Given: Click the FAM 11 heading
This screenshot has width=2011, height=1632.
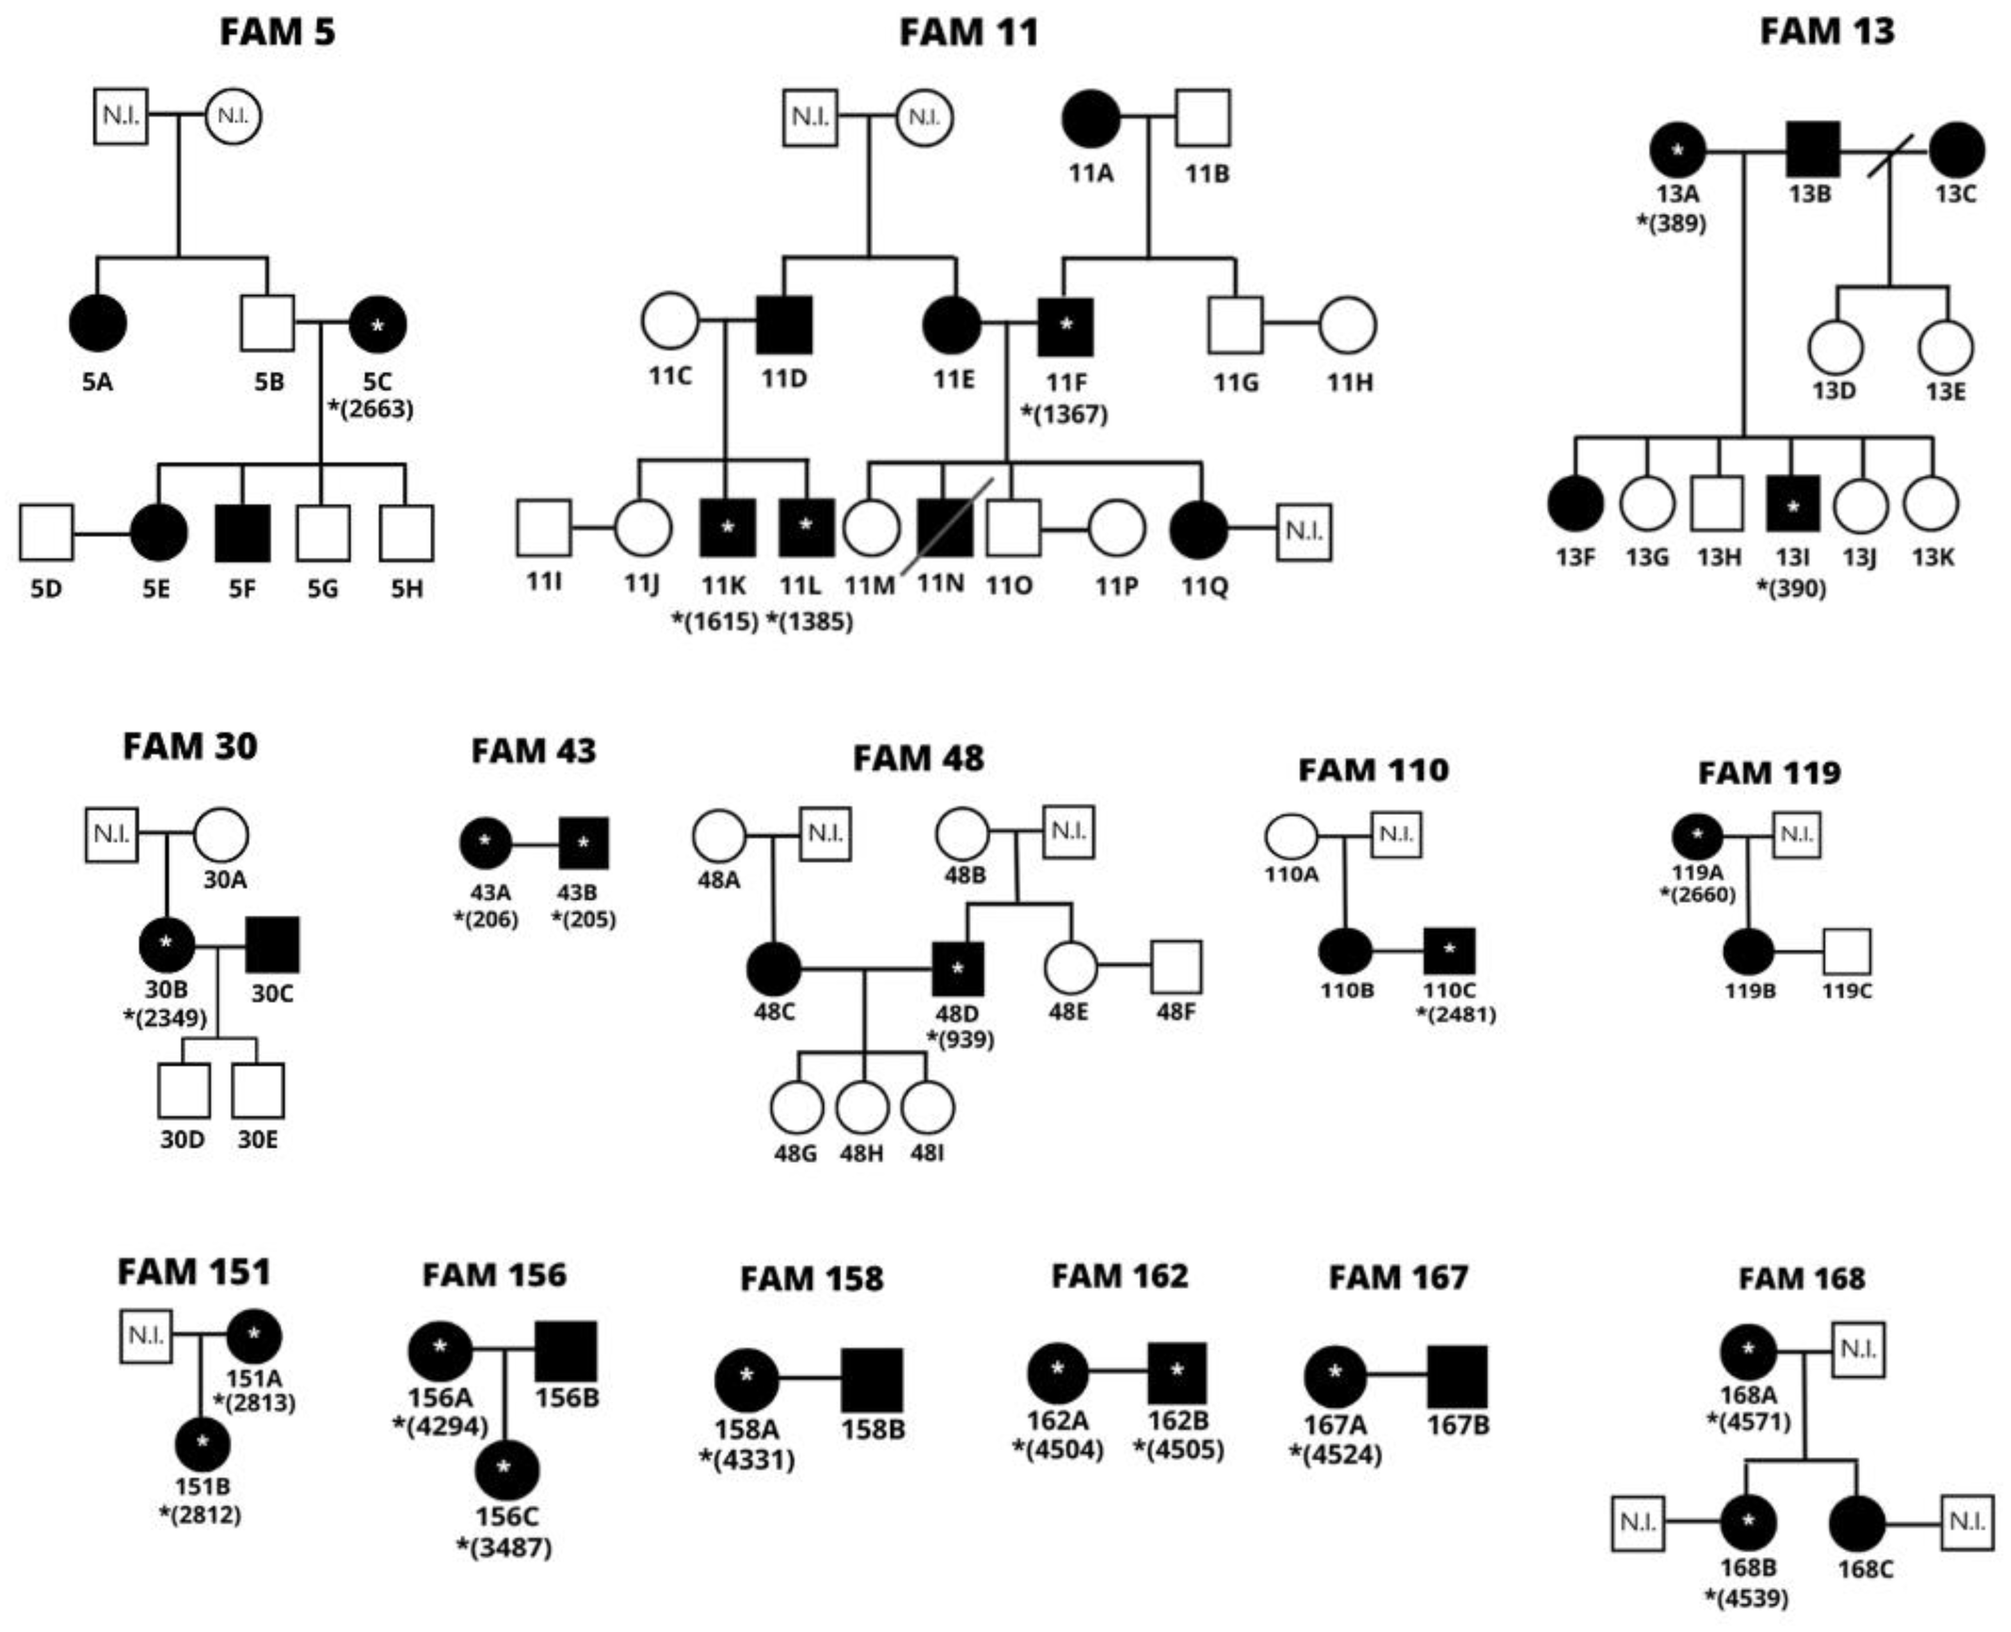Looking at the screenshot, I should tap(969, 33).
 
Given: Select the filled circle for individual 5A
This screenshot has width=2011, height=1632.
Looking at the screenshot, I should tap(98, 323).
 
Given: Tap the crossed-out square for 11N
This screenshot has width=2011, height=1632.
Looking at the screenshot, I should tap(945, 528).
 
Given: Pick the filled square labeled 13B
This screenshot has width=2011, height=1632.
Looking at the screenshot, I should tap(1812, 149).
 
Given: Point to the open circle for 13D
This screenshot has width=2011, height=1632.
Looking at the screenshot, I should tap(1835, 348).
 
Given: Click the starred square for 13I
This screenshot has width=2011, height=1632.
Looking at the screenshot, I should tap(1792, 505).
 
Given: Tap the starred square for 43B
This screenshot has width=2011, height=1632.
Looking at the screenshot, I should tap(584, 843).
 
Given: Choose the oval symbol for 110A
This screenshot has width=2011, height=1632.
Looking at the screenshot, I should tap(1291, 836).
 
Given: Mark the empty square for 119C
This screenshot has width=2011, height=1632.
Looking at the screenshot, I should tap(1847, 952).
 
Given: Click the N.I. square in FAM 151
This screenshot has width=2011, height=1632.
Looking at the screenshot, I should tap(146, 1336).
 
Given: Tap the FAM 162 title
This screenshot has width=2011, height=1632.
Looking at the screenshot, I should tap(1119, 1277).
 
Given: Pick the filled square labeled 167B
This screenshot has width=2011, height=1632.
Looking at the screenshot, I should tap(1457, 1377).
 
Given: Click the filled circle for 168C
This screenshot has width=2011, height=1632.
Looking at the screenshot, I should tap(1857, 1524).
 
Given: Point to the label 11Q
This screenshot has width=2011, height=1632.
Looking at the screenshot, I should tap(1204, 586).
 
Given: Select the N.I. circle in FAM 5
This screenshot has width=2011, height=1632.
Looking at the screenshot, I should tap(233, 116).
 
